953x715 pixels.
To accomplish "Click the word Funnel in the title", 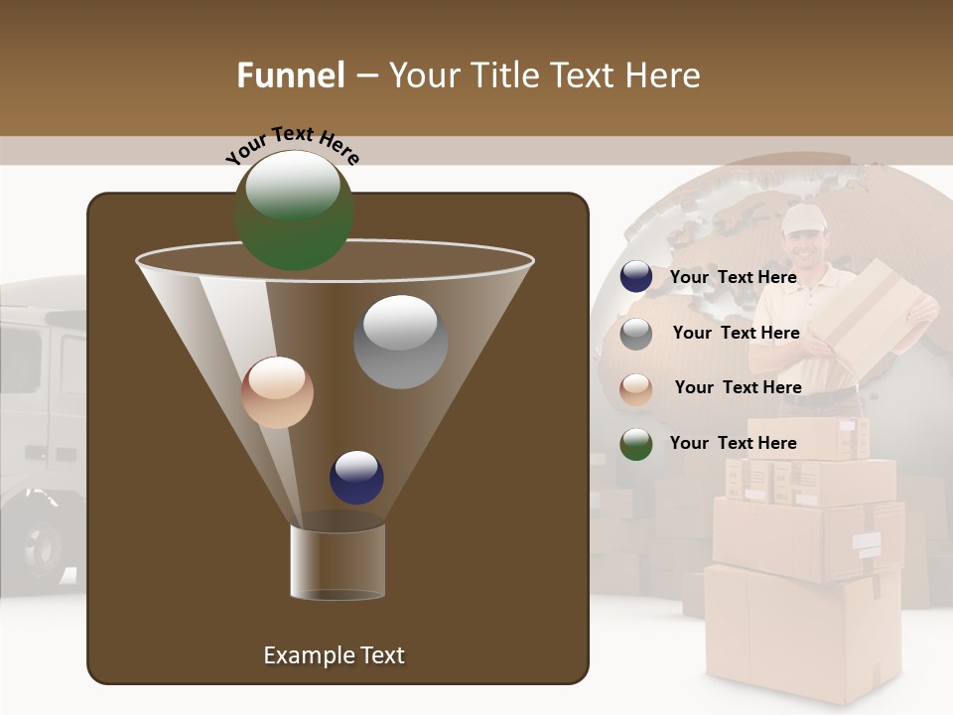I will (x=290, y=75).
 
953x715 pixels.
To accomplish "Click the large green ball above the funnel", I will (x=294, y=211).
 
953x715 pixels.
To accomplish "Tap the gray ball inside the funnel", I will (x=401, y=342).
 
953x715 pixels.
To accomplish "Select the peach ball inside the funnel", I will (x=277, y=392).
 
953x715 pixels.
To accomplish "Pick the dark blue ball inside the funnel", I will (x=356, y=477).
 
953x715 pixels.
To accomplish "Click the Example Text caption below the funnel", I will (x=334, y=655).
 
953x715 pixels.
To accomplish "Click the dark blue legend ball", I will (x=636, y=277).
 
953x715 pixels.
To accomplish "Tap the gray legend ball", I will (x=636, y=334).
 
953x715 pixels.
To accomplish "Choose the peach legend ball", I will (x=636, y=388).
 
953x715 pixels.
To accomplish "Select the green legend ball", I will (x=636, y=444).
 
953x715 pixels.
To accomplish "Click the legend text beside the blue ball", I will (x=733, y=277).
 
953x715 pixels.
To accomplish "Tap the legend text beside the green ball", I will (x=733, y=443).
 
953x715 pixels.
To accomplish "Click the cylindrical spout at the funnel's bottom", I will (x=338, y=562).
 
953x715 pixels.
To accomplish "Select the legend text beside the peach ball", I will (x=738, y=387).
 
